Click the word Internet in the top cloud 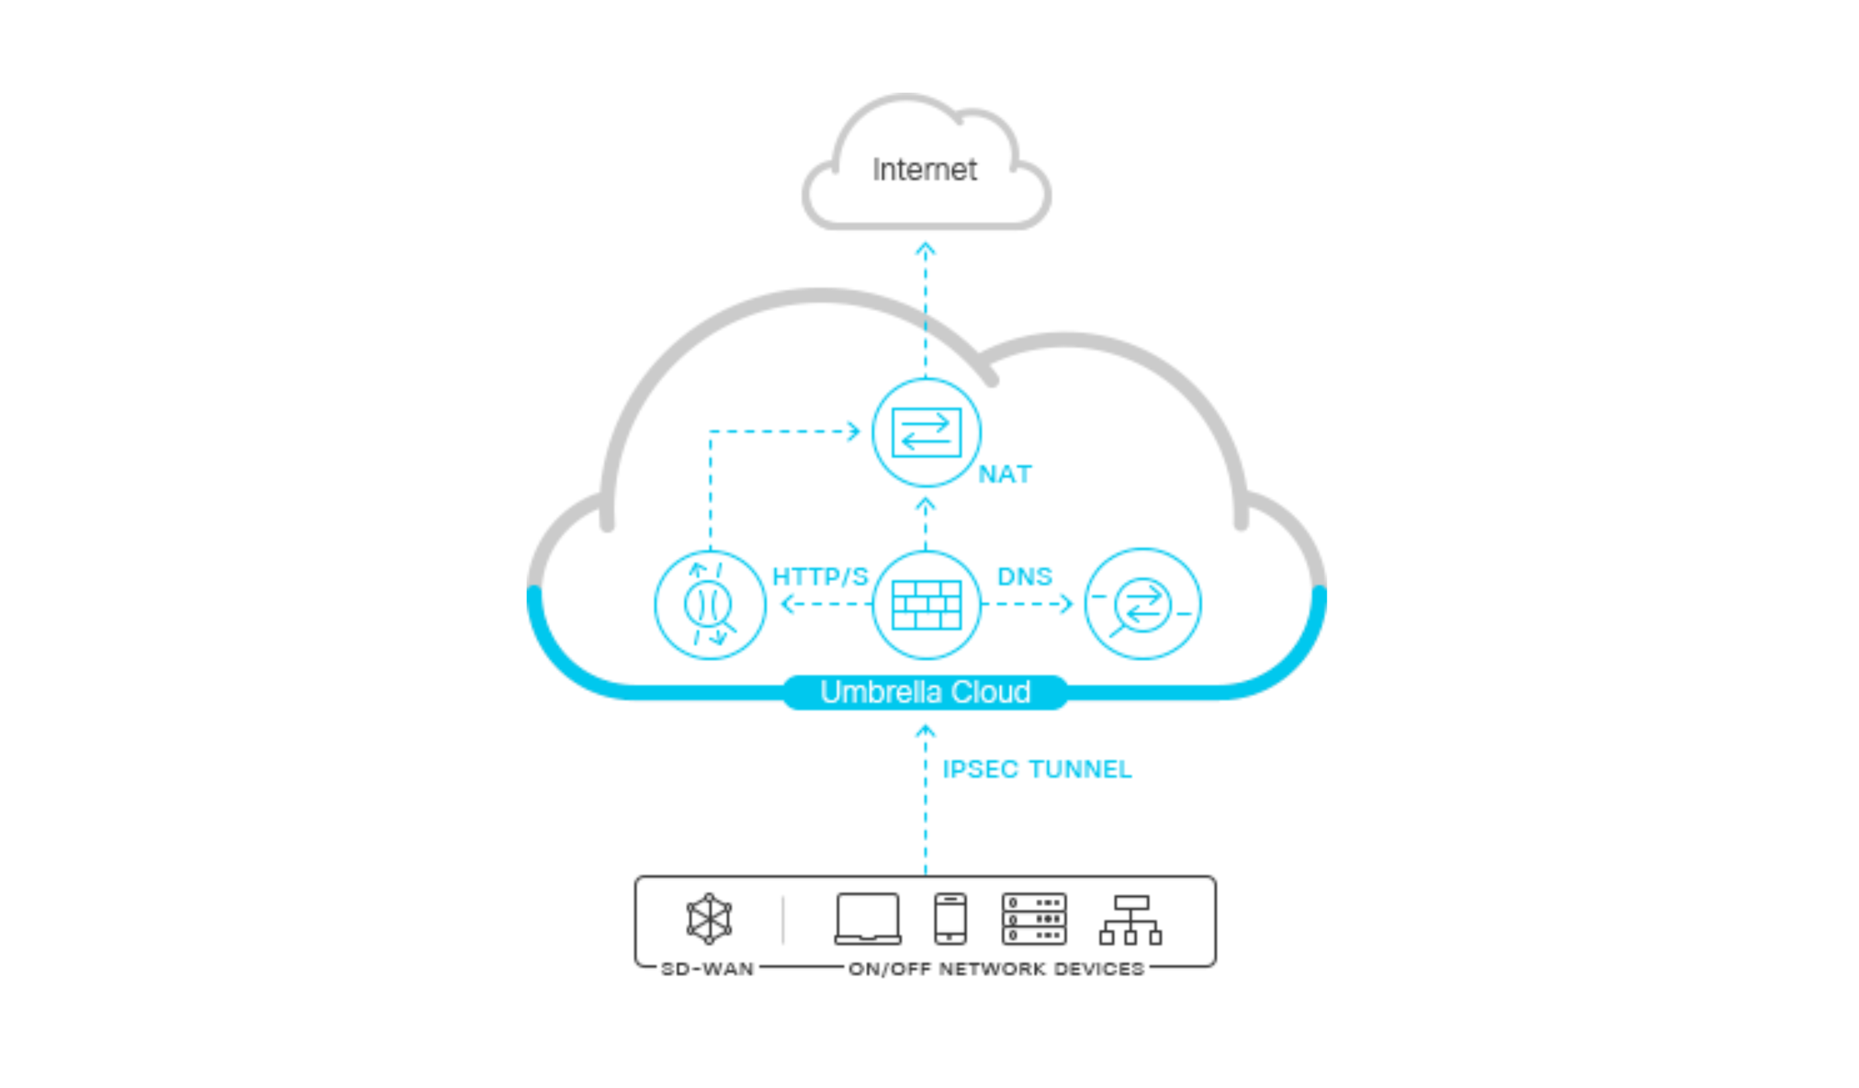point(924,169)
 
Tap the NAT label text point(1005,475)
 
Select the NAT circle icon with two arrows point(927,432)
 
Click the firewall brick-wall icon point(927,605)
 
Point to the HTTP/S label point(820,577)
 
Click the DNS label point(1025,577)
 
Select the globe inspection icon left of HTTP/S point(710,605)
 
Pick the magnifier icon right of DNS point(1142,605)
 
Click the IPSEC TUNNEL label point(1037,770)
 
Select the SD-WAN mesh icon point(709,919)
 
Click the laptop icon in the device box point(867,919)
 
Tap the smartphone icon point(950,919)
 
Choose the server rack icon point(1033,919)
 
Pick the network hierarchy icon point(1130,921)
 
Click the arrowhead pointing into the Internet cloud point(926,249)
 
